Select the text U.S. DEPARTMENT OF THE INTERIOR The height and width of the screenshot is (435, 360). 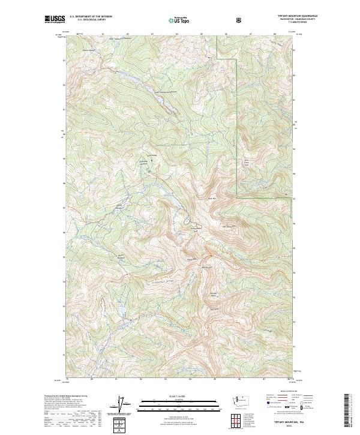pos(91,16)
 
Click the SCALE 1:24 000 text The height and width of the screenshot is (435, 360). pos(173,397)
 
